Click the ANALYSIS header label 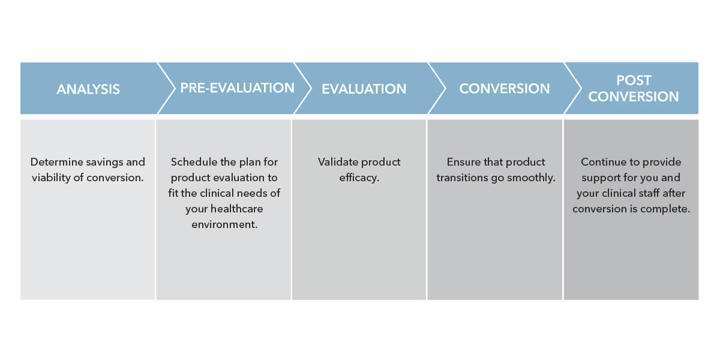click(88, 89)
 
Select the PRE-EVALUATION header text click(237, 88)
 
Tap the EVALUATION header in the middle click(364, 89)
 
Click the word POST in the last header click(634, 81)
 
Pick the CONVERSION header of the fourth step click(504, 89)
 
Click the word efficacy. click(359, 178)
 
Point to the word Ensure click(464, 162)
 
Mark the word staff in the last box click(652, 193)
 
